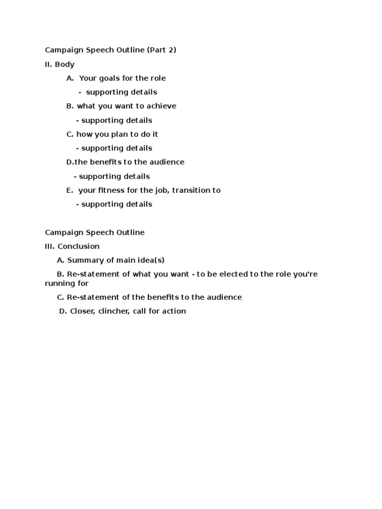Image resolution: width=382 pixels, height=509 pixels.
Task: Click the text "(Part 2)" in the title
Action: (x=162, y=50)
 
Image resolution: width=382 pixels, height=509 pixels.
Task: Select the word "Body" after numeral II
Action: (x=65, y=64)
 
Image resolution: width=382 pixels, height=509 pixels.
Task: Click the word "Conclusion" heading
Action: (x=79, y=247)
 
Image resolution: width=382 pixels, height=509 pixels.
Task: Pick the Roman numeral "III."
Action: (x=50, y=247)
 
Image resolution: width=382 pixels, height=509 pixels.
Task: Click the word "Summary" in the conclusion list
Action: (x=83, y=260)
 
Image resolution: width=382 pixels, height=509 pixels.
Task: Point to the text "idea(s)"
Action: (x=152, y=260)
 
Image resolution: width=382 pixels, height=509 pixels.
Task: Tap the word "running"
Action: (x=59, y=283)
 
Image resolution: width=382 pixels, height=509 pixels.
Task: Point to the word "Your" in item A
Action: (x=88, y=79)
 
